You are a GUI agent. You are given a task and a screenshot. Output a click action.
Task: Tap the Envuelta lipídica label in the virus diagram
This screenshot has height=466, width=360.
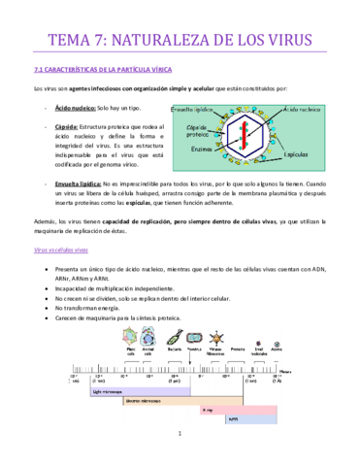pyautogui.click(x=195, y=109)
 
